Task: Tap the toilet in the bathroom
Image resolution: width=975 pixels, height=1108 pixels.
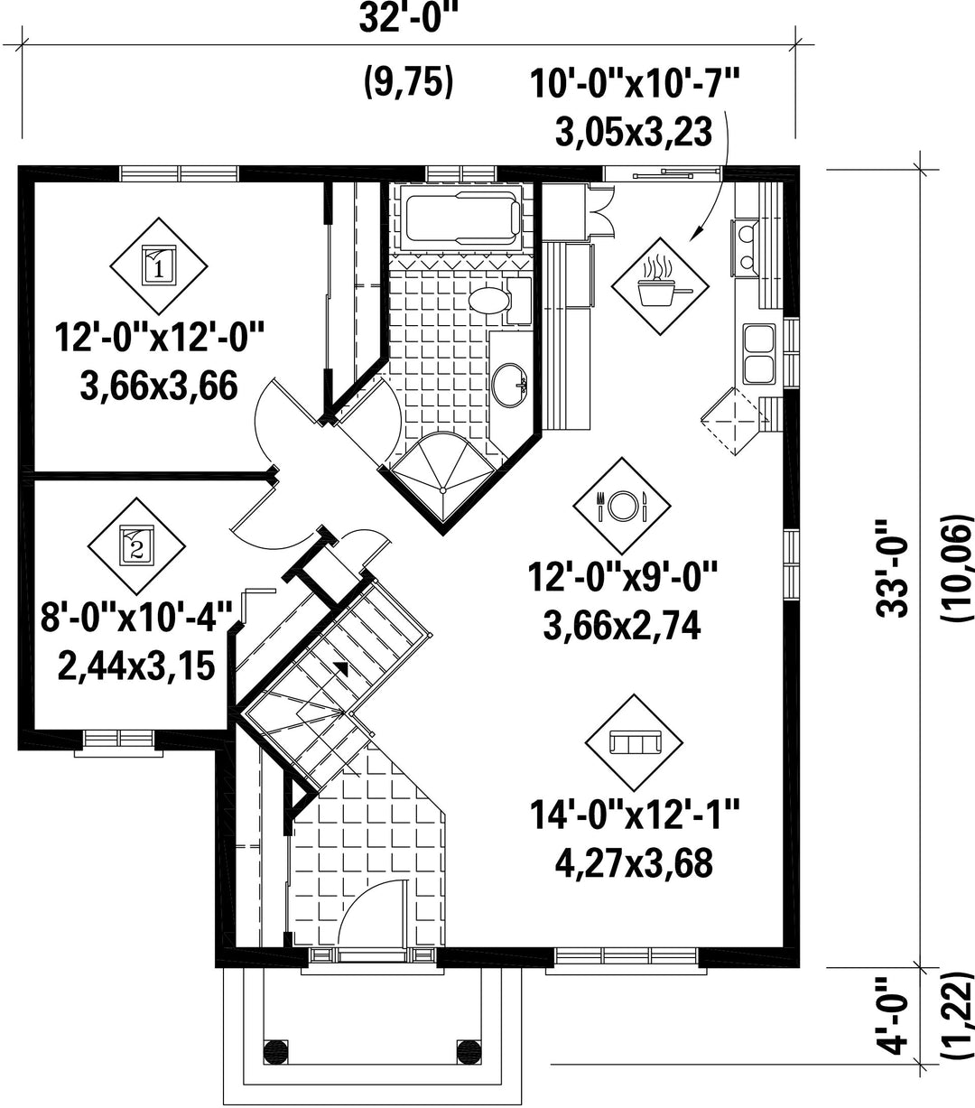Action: pyautogui.click(x=499, y=300)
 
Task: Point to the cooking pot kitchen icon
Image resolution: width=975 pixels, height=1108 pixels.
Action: pyautogui.click(x=660, y=286)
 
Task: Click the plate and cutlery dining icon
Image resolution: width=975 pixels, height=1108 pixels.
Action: pyautogui.click(x=622, y=506)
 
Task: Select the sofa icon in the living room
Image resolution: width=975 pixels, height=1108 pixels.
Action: pyautogui.click(x=635, y=742)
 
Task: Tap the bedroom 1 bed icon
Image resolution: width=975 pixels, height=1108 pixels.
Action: pyautogui.click(x=159, y=265)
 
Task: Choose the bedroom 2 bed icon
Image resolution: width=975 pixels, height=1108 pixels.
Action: pyautogui.click(x=136, y=545)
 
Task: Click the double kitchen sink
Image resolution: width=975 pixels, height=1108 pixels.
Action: pyautogui.click(x=759, y=354)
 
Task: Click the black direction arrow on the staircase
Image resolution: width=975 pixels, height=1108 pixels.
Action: pyautogui.click(x=341, y=667)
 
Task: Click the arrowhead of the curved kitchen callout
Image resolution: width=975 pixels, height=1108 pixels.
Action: pyautogui.click(x=694, y=235)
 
